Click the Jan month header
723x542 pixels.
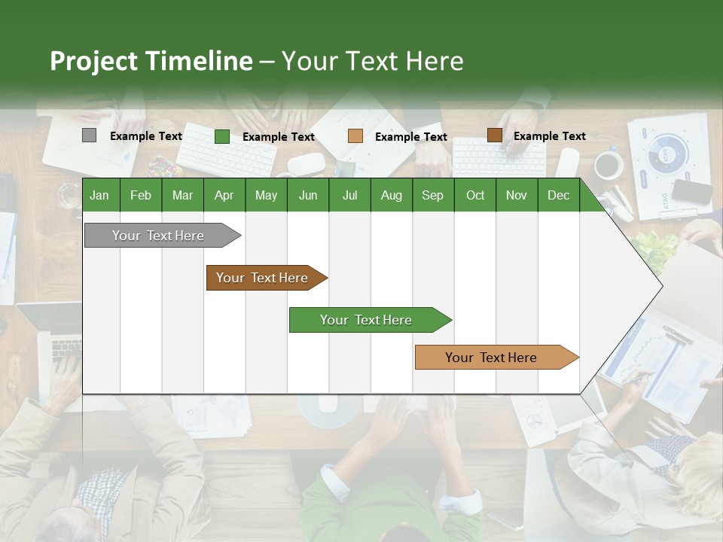coord(99,195)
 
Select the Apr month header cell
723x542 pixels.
coord(224,195)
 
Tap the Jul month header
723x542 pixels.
coord(349,195)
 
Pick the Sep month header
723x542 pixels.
coord(432,195)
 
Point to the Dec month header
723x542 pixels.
coord(558,195)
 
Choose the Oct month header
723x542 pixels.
coord(475,195)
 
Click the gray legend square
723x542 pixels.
coord(89,135)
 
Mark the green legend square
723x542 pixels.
coord(221,136)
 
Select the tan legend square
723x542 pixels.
coord(355,136)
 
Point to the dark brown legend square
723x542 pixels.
coord(494,135)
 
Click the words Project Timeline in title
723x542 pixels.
coord(151,61)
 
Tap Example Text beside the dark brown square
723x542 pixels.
coord(549,136)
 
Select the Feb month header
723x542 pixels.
coord(141,195)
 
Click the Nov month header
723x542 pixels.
coord(517,195)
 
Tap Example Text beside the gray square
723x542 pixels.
coord(146,136)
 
